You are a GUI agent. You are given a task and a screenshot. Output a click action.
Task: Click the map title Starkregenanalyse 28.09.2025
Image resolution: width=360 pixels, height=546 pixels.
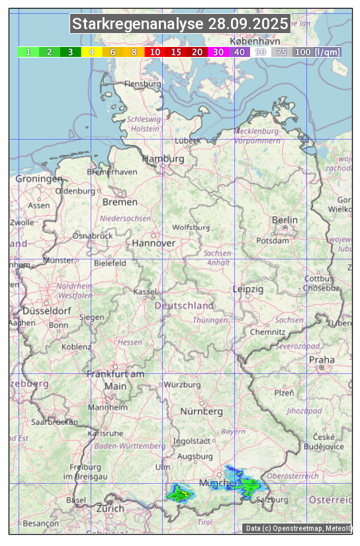(180, 24)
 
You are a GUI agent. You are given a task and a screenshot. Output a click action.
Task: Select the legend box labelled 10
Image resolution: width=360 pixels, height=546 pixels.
(155, 52)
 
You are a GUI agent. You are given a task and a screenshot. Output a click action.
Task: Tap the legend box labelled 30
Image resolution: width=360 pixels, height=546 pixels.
(218, 52)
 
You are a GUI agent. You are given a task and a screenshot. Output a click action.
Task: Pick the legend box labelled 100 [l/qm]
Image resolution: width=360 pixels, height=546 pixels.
(318, 52)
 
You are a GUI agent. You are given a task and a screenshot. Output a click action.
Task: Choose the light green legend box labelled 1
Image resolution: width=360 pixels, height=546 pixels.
(28, 52)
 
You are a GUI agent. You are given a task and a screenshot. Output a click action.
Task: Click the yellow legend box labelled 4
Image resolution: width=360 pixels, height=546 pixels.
(92, 52)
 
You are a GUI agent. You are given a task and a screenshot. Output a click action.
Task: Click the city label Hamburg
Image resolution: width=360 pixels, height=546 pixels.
(163, 159)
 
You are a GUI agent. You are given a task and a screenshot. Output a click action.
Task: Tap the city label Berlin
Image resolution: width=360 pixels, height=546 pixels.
(285, 220)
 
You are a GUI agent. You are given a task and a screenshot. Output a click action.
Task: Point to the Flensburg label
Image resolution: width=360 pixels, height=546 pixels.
(142, 85)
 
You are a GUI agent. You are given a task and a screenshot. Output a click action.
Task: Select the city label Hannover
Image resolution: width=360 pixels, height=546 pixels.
(154, 243)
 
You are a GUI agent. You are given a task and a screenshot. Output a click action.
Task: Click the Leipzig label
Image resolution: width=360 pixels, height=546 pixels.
(248, 289)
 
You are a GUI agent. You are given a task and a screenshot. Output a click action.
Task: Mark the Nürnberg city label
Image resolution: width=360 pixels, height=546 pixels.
(202, 411)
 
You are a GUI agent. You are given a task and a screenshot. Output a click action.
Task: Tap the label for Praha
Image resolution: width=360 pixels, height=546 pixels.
(322, 360)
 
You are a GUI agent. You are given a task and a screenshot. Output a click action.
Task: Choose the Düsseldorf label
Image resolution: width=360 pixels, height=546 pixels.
(46, 310)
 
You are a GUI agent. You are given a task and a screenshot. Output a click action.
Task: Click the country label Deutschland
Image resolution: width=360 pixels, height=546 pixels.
(184, 306)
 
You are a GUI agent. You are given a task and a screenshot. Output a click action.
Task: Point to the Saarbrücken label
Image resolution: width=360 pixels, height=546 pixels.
(54, 422)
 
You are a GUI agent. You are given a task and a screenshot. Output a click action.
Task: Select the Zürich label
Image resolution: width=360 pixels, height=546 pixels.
(110, 508)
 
